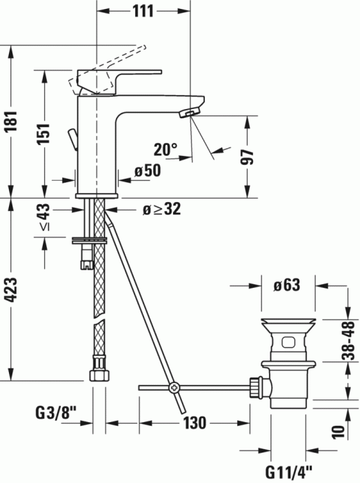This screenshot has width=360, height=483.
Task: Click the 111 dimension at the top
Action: pyautogui.click(x=143, y=11)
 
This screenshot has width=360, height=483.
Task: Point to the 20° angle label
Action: pyautogui.click(x=165, y=149)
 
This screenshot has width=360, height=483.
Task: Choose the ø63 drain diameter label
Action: pyautogui.click(x=288, y=285)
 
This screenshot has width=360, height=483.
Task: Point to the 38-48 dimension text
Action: pyautogui.click(x=350, y=340)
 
